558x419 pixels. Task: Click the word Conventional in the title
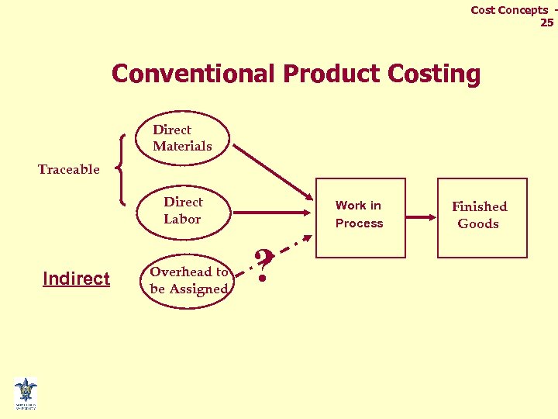[195, 74]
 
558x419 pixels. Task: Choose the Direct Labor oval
[183, 210]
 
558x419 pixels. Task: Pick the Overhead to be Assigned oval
[188, 281]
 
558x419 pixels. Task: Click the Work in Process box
[360, 217]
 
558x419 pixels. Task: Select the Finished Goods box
[482, 217]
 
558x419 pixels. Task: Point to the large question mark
[264, 265]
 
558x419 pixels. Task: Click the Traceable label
[69, 169]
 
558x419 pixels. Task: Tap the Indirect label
[76, 279]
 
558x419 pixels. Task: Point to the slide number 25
[546, 23]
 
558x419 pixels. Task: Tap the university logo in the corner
[26, 393]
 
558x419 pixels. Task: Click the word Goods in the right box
[478, 224]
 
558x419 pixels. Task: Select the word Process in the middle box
[359, 223]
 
